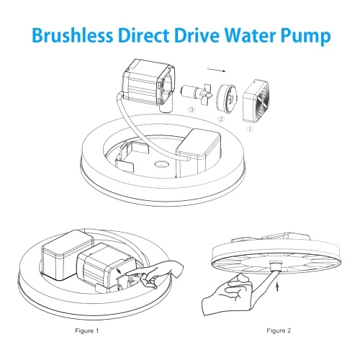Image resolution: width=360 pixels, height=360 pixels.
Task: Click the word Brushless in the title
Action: coord(72,35)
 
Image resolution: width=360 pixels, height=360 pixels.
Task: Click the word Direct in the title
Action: coord(143,35)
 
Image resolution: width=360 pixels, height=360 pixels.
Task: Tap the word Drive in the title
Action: coord(197,35)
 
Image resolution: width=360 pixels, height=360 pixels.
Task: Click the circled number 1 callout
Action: coord(250,129)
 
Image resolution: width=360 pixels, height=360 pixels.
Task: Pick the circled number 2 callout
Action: coord(221,119)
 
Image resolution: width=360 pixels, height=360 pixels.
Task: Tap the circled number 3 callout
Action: coord(192,109)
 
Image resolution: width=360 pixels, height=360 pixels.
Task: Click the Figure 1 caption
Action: coord(87,330)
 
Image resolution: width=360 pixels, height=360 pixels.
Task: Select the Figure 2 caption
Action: coord(279,330)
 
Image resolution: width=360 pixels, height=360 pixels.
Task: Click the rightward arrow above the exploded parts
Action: coord(217,70)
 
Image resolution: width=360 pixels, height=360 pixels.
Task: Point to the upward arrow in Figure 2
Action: coord(277,287)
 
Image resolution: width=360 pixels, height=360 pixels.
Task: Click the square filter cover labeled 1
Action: coord(256,102)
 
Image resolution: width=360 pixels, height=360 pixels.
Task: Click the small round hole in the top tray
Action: coord(161,164)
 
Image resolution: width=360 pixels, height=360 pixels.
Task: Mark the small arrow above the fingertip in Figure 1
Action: coord(119,271)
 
